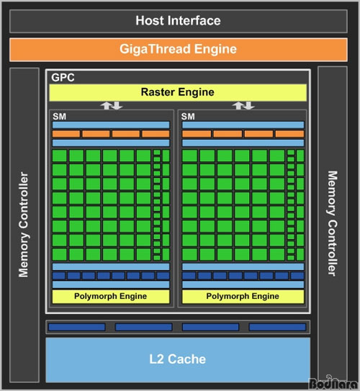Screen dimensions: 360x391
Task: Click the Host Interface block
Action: click(179, 21)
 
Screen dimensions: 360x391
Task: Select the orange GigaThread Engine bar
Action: click(179, 50)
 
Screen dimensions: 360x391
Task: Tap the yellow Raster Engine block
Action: click(178, 92)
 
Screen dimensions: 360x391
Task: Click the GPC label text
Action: click(63, 78)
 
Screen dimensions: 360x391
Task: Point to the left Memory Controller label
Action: click(24, 225)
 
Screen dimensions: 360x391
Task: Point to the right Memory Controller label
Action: click(333, 223)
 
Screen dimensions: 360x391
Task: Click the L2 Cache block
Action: click(178, 360)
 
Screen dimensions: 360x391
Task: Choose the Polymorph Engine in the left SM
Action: click(111, 297)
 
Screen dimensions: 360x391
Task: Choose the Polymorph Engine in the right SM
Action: click(243, 297)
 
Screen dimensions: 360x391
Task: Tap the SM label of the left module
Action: click(59, 117)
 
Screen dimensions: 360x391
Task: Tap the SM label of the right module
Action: click(188, 117)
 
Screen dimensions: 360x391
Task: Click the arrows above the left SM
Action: click(112, 105)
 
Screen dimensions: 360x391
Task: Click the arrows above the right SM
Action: click(243, 105)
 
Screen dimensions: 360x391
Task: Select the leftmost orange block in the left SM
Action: click(66, 134)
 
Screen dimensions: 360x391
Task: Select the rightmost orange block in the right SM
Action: click(289, 134)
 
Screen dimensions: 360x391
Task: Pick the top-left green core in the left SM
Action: click(60, 156)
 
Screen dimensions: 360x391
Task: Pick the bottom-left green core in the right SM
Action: click(190, 255)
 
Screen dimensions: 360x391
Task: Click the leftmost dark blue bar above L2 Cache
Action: click(77, 327)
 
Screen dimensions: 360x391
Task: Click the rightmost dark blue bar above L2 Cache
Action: click(277, 327)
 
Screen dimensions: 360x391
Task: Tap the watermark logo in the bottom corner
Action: click(333, 383)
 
